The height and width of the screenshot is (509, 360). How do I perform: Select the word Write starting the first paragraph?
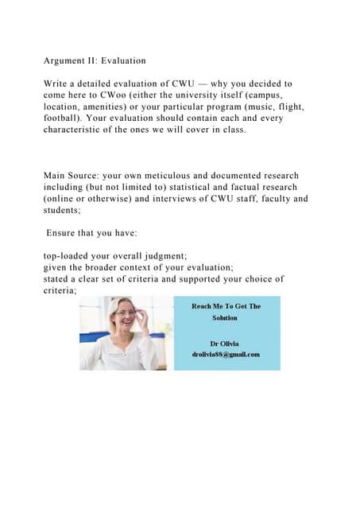[56, 84]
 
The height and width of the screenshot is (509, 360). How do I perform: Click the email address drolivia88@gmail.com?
[226, 355]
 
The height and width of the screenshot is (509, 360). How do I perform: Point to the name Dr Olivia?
[226, 344]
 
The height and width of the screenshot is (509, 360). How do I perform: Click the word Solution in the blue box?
[226, 318]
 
